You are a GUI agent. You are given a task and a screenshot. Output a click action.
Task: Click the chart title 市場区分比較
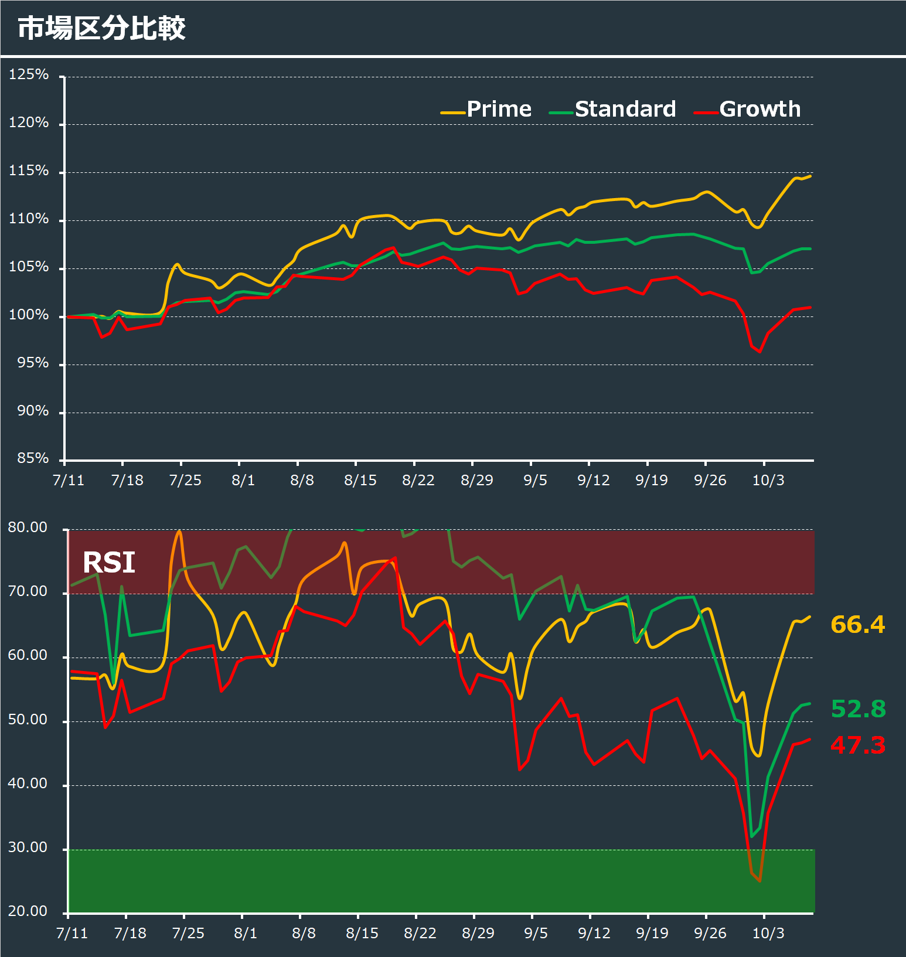(101, 28)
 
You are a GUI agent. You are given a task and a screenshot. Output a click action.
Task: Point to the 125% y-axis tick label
(29, 74)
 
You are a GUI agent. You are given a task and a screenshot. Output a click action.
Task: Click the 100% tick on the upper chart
(29, 315)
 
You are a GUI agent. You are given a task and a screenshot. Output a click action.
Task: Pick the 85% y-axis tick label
(33, 458)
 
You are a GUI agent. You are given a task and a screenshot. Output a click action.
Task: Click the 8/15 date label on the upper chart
(360, 481)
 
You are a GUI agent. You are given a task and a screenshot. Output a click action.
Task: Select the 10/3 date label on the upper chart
(768, 481)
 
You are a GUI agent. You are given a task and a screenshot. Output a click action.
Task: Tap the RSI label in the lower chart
(109, 563)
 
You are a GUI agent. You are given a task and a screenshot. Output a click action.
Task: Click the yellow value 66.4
(857, 625)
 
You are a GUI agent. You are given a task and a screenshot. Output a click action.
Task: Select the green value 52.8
(858, 709)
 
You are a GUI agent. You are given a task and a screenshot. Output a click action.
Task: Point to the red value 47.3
(857, 745)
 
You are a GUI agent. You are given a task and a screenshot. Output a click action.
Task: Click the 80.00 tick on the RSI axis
(28, 527)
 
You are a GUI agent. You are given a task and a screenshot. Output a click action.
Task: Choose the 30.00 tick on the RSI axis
(28, 847)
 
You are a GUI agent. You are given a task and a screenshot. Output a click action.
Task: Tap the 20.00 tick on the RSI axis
(28, 911)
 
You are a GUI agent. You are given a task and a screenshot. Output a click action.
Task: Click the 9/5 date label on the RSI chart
(536, 933)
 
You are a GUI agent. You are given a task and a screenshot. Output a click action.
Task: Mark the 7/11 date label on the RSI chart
(72, 933)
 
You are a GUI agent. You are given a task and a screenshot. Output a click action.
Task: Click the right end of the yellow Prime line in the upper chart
(810, 176)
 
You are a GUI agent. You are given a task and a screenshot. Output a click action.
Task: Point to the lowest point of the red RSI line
(759, 881)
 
